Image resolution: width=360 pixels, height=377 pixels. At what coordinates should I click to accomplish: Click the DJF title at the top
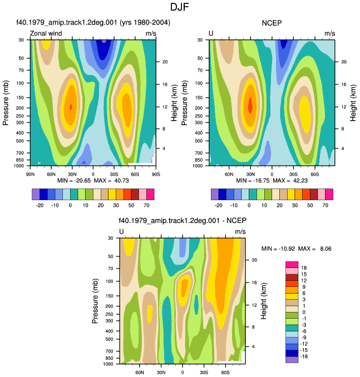(180, 7)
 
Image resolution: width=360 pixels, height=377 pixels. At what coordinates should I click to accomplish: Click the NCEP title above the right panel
(272, 23)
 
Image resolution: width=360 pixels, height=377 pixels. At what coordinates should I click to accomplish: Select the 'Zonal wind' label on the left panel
(46, 33)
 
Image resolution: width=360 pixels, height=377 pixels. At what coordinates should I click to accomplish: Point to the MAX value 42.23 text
(300, 181)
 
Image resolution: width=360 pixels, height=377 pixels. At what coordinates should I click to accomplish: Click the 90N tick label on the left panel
(30, 174)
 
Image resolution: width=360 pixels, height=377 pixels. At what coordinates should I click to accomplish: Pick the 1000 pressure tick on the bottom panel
(108, 364)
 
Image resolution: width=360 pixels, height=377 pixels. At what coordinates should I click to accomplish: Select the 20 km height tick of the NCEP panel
(344, 62)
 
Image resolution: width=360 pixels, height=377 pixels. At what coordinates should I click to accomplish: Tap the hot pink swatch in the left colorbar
(150, 194)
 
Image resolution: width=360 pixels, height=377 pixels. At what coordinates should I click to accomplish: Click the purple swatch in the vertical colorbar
(292, 359)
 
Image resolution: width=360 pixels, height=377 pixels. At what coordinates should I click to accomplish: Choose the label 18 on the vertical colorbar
(304, 268)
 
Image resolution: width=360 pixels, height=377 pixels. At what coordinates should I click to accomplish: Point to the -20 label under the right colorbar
(218, 205)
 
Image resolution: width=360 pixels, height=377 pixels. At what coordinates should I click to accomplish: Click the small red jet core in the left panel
(71, 107)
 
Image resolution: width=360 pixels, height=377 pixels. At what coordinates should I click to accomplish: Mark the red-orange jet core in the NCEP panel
(250, 105)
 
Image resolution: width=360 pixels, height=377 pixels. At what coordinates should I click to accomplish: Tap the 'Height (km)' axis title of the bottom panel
(264, 301)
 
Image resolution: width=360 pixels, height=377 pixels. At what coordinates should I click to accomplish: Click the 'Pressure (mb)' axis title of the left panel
(6, 103)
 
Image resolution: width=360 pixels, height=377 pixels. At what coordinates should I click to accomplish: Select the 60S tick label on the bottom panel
(225, 373)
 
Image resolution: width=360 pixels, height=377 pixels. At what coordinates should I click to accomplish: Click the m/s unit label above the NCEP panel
(330, 33)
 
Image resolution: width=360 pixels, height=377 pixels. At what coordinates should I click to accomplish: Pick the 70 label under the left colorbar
(146, 205)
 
